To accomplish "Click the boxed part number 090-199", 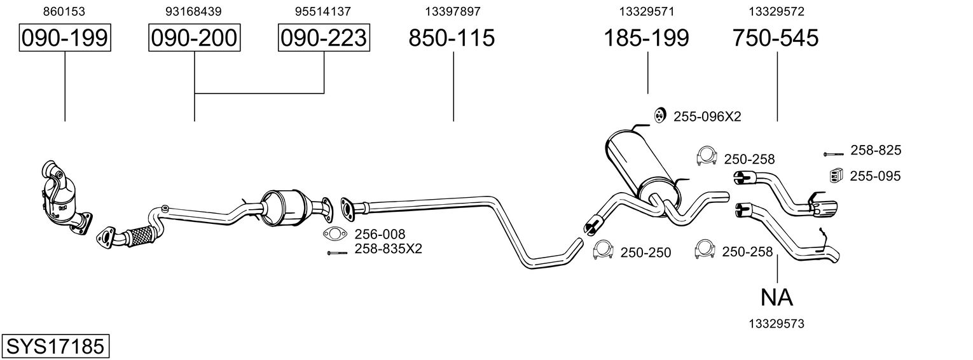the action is (x=65, y=38).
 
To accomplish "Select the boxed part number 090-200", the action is (x=194, y=38).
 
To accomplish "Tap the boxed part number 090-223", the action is (x=324, y=38).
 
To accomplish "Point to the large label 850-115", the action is (x=452, y=38).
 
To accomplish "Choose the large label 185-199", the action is (x=646, y=38).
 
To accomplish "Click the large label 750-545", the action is (x=776, y=38).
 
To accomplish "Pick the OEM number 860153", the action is (x=64, y=11).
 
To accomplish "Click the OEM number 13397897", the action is (x=453, y=11).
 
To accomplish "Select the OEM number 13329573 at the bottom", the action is (x=776, y=324).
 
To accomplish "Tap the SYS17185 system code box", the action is (x=55, y=347).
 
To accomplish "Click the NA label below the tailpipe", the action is (x=776, y=298).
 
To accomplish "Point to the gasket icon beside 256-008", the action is (x=335, y=235).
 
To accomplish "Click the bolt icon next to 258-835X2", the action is (x=338, y=253).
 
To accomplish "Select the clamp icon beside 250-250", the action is (x=603, y=250).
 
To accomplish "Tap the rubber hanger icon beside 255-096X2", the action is (x=659, y=115).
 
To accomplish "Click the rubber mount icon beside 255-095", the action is (x=836, y=174).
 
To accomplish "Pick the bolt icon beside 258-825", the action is (x=833, y=154).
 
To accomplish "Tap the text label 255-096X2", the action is (x=707, y=116).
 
